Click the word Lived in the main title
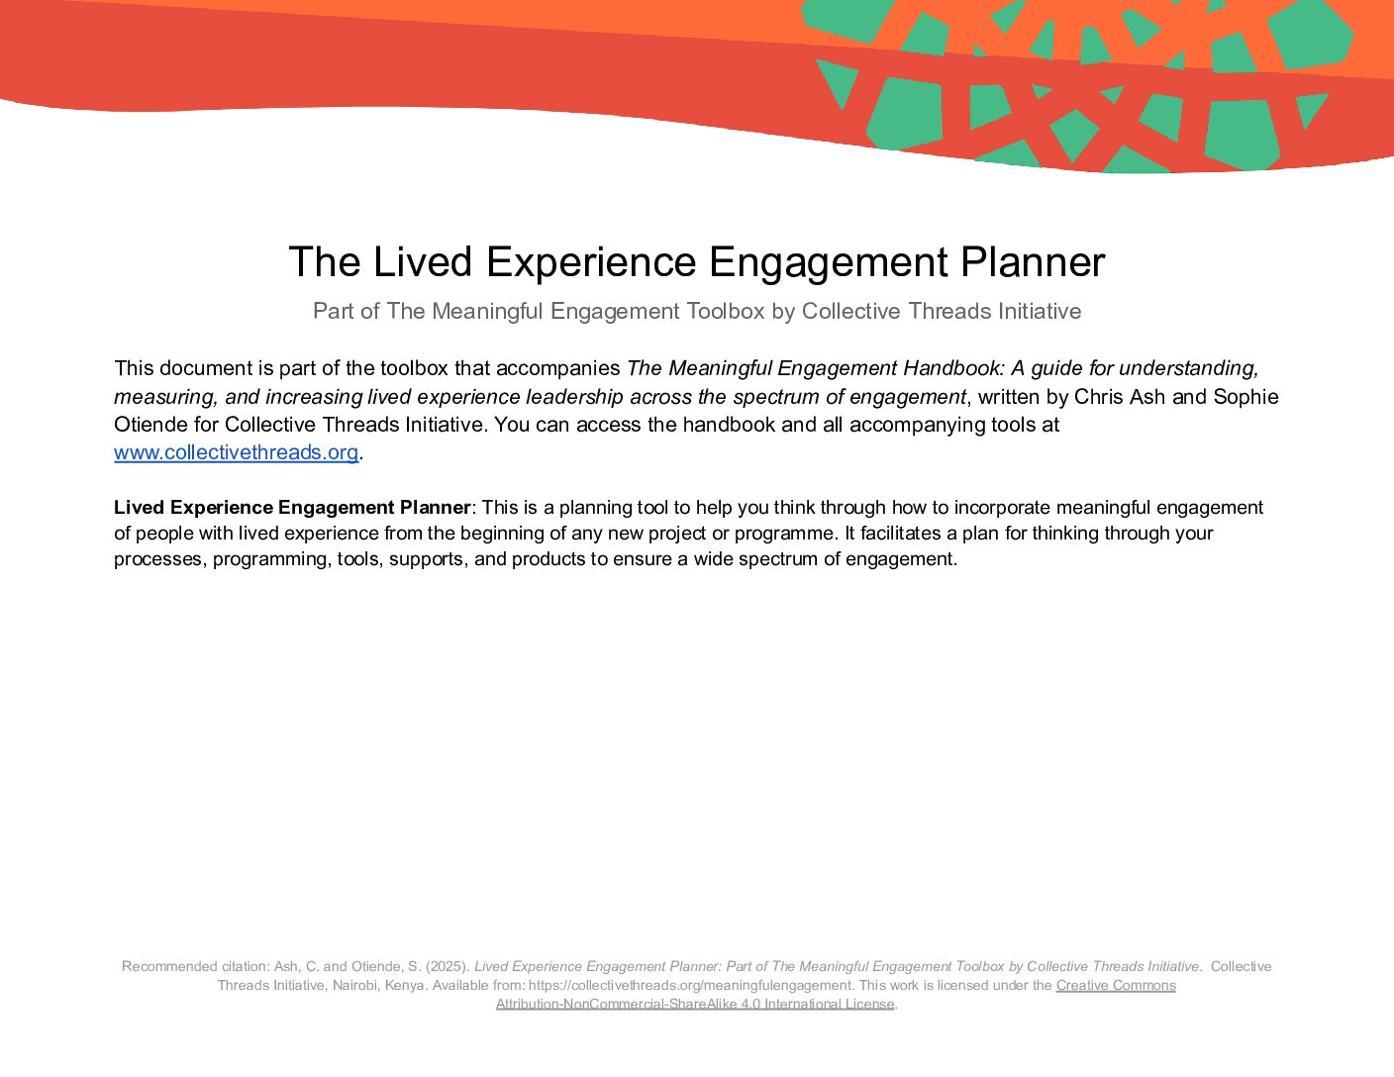pos(423,261)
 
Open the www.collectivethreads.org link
pos(236,452)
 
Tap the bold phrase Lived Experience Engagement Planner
pos(292,508)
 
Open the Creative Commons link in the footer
pos(1116,985)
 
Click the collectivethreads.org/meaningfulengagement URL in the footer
pos(690,985)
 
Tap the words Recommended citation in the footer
pos(195,966)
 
